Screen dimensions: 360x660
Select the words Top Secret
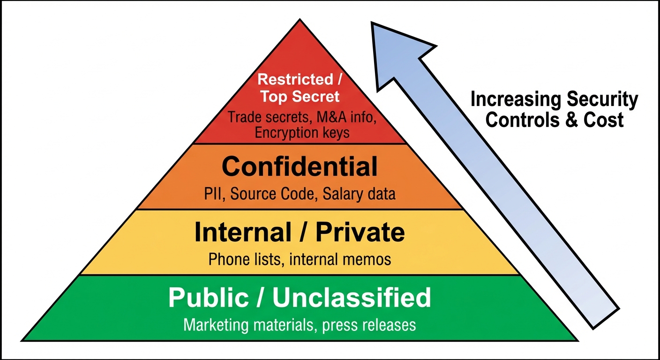click(300, 97)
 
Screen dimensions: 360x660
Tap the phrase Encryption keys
click(302, 133)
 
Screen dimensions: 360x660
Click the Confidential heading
click(300, 166)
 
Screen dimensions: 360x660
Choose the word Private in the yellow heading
click(360, 232)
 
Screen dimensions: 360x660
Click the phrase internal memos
click(340, 259)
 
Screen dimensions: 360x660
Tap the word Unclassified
click(352, 297)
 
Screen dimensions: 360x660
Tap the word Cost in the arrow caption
click(603, 120)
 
